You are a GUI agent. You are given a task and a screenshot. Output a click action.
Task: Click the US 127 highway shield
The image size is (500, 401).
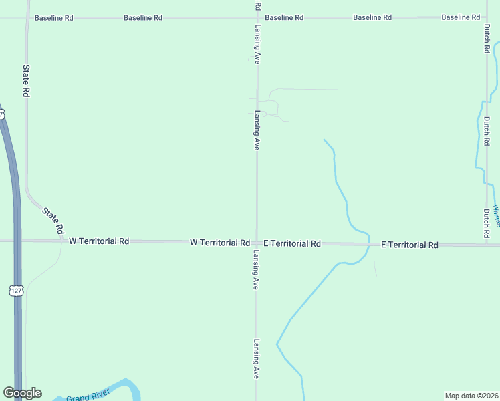tap(17, 289)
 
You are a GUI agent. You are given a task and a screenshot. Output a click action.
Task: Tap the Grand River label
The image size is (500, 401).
tap(87, 396)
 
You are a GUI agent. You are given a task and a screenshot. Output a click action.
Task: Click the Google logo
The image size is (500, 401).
tap(22, 393)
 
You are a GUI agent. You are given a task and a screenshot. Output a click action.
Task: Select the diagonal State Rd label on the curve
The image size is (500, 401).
tap(53, 220)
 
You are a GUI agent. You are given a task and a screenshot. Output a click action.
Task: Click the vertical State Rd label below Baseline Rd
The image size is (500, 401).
tap(27, 82)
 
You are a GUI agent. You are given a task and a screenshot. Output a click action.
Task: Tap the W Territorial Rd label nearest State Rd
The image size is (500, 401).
tap(99, 241)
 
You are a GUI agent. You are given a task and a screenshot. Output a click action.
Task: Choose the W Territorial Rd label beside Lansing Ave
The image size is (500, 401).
tap(220, 242)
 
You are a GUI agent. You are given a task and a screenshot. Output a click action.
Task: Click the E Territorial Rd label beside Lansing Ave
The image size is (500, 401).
tap(292, 243)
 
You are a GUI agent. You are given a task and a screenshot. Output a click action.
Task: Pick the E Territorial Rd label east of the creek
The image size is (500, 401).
tap(409, 245)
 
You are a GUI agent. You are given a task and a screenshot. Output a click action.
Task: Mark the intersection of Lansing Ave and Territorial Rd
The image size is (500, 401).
tap(257, 242)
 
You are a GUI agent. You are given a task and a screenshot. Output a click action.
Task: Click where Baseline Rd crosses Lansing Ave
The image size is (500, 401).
tap(257, 17)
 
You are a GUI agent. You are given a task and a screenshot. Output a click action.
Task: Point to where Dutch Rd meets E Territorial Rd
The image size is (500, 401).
tap(487, 244)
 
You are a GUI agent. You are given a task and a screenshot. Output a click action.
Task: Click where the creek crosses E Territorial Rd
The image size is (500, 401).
tap(369, 244)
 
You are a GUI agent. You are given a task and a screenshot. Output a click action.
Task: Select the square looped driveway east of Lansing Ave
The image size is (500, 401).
tap(271, 107)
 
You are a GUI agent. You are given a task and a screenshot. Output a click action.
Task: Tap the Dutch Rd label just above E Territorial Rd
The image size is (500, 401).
tap(487, 225)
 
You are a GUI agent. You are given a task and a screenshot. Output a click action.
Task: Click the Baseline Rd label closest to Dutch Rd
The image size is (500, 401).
tap(461, 17)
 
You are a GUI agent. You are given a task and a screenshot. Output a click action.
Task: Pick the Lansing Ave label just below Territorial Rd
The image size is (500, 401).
tap(255, 270)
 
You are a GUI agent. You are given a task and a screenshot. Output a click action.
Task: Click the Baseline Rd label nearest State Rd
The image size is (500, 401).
tap(53, 18)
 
